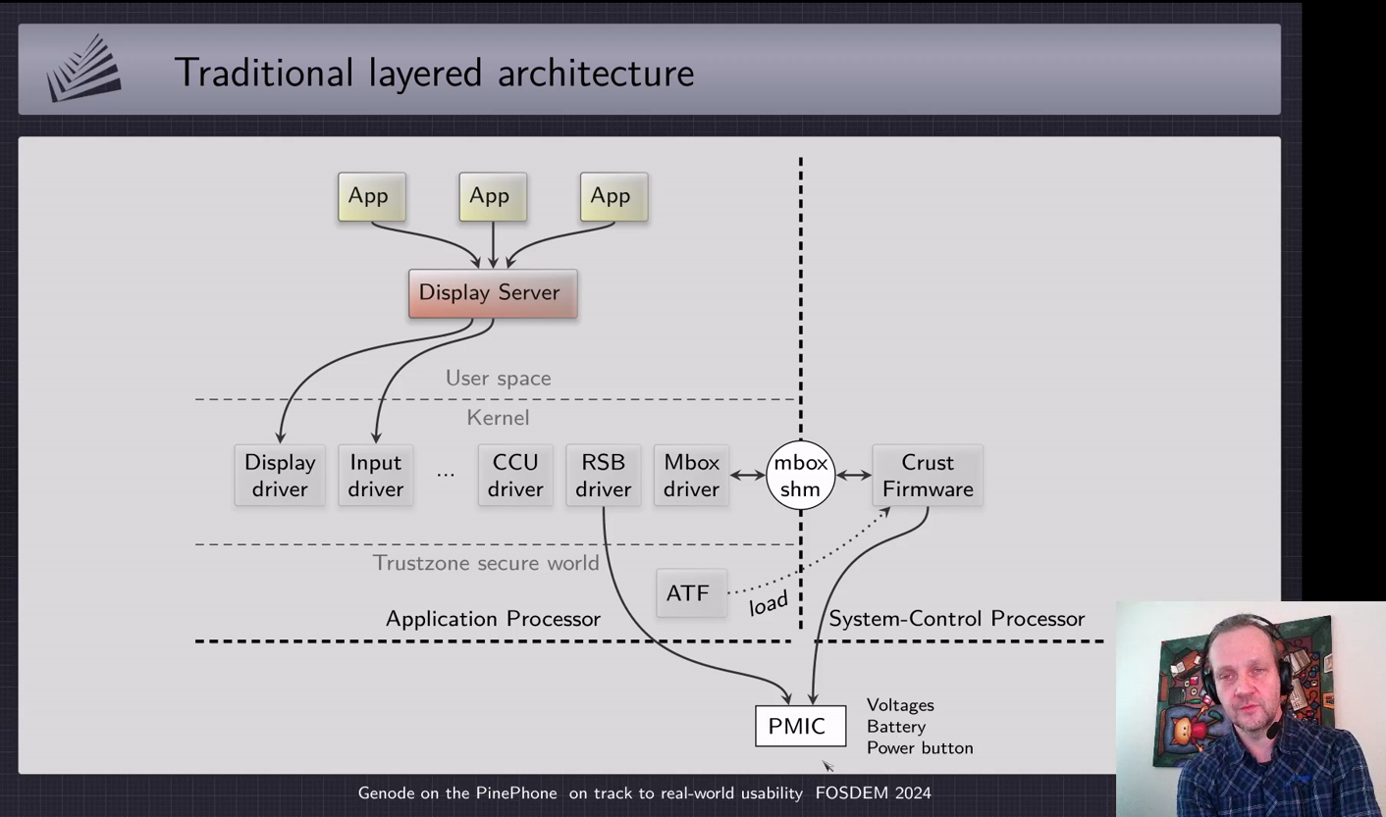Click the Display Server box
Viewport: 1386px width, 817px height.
coord(493,293)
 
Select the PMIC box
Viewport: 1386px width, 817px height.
coord(800,726)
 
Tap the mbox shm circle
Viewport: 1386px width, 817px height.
coord(800,476)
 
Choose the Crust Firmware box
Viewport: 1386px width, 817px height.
coord(928,476)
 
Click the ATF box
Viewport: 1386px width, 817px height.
coord(690,593)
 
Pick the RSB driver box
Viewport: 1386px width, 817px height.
coord(603,476)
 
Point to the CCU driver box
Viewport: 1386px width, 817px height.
coord(515,476)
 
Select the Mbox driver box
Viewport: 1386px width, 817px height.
coord(691,476)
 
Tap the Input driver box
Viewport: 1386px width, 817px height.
coord(375,476)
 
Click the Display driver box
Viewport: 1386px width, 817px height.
coord(280,476)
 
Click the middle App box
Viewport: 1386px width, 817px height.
coord(492,197)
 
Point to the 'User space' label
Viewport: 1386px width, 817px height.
coord(498,379)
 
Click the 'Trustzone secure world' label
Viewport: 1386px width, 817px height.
coord(486,563)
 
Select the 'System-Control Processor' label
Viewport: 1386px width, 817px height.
coord(956,619)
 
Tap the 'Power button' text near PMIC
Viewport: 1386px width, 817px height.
coord(920,748)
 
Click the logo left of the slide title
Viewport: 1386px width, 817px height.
coord(84,69)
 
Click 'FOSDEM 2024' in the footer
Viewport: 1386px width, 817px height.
coord(873,792)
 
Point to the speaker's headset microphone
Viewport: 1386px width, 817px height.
coord(1272,731)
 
